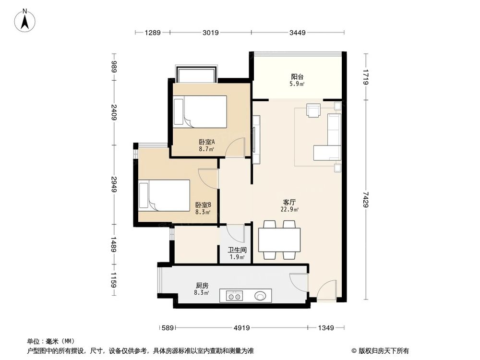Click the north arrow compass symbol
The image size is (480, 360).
(26, 20)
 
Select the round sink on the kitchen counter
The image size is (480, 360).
(261, 296)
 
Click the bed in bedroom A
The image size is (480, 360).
(200, 112)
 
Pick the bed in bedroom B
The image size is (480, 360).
(164, 195)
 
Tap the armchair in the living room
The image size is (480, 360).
(314, 111)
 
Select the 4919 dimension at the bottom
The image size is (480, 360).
(241, 328)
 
